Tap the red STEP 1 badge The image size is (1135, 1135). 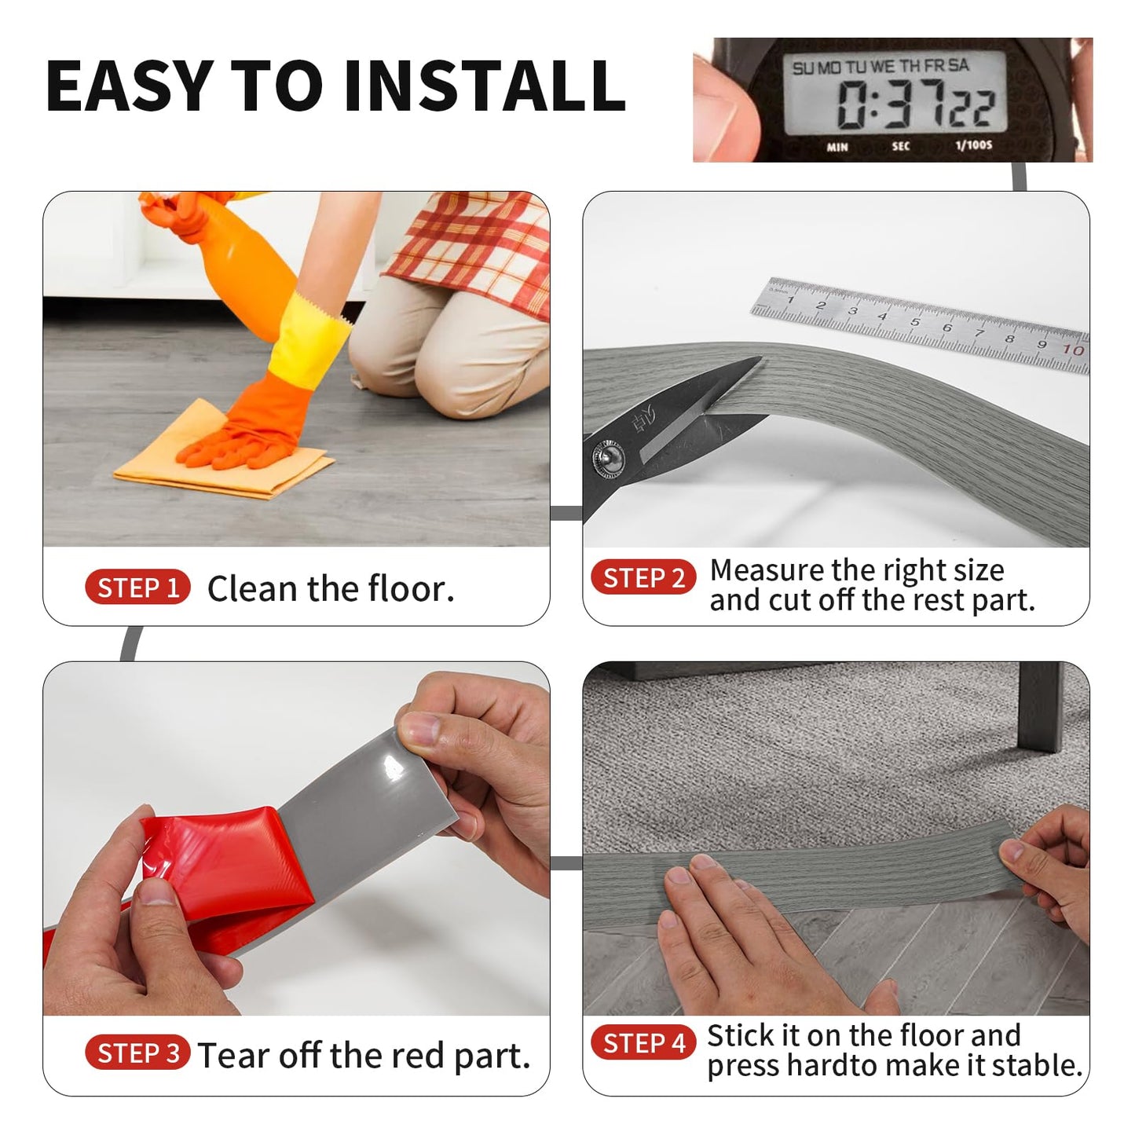pos(137,588)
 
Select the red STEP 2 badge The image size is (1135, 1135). pos(643,577)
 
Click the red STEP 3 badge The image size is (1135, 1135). pos(137,1053)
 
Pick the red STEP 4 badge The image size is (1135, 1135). pos(643,1042)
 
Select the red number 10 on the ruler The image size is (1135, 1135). pos(1073,350)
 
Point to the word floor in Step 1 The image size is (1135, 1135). pos(408,588)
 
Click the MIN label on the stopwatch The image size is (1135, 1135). pos(837,147)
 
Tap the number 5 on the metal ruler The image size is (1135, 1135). pos(914,322)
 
